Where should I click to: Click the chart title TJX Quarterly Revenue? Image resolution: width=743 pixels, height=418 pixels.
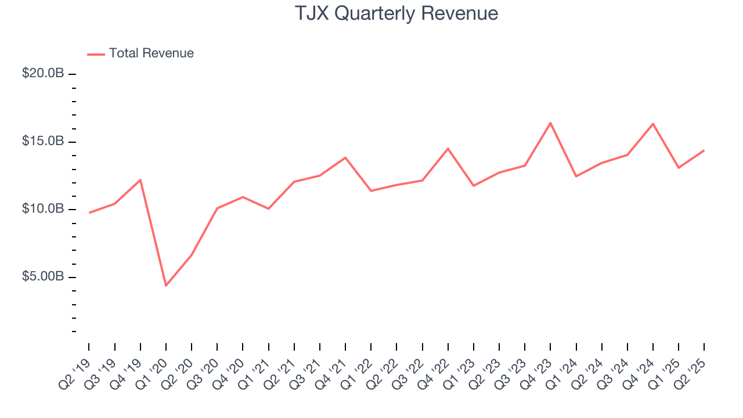point(396,13)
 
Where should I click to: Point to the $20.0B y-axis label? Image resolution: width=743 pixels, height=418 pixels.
point(44,74)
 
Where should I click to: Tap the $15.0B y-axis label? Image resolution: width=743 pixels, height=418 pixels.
point(44,142)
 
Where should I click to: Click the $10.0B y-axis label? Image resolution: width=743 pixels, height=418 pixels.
point(44,209)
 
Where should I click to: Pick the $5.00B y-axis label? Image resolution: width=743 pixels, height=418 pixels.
point(44,276)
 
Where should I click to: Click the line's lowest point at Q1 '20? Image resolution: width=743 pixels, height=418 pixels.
point(166,286)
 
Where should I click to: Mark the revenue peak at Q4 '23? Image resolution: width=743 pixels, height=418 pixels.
point(550,123)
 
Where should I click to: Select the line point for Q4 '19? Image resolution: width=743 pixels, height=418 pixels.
point(140,180)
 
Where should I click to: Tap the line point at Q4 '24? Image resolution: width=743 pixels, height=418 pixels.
point(653,124)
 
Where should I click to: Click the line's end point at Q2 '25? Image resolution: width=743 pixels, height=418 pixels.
point(704,150)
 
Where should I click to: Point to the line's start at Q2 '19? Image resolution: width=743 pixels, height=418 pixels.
point(89,212)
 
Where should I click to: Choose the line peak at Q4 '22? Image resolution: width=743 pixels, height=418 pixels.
point(448,149)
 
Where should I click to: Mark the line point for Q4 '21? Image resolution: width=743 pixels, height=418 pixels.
point(345,157)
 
